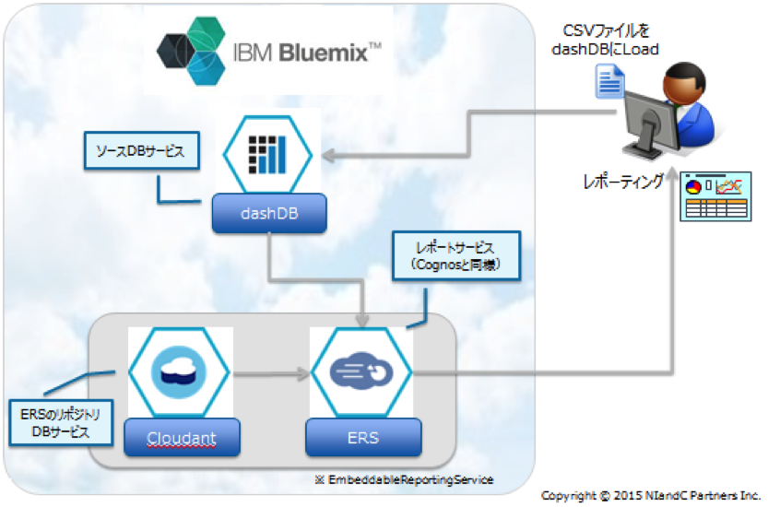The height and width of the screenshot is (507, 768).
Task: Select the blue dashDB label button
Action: point(268,215)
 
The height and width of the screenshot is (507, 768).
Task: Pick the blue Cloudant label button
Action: point(181,437)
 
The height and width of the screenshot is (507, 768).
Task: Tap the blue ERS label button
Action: point(363,437)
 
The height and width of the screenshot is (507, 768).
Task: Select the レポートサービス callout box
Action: point(456,256)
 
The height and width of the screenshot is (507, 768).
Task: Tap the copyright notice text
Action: point(651,496)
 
